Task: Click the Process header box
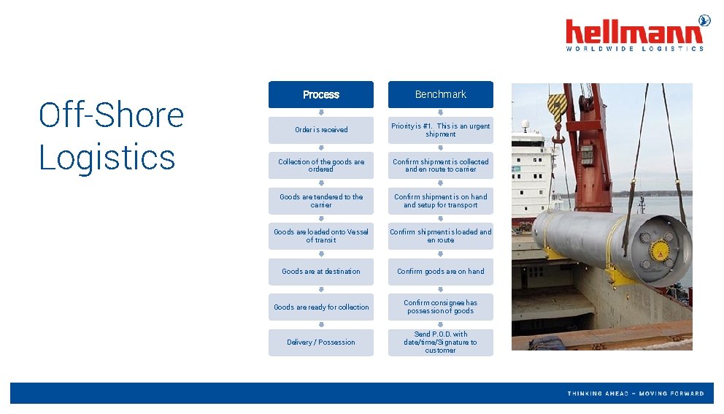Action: pos(320,95)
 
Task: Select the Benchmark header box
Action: pos(440,95)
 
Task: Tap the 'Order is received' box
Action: pos(320,130)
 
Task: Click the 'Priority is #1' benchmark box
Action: pos(440,130)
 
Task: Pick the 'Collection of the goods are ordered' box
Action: pos(320,166)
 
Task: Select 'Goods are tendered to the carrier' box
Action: pos(320,201)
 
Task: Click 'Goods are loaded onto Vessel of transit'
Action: pos(320,236)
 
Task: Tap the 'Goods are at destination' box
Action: pos(320,272)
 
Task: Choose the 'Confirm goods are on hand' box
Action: pos(440,272)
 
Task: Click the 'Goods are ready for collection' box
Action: pos(320,307)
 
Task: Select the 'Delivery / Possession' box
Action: pos(320,342)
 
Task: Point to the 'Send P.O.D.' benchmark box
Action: pos(440,342)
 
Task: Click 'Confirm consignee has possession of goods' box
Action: pos(440,307)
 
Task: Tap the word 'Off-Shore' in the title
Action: pos(111,115)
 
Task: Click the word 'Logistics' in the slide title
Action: pos(107,158)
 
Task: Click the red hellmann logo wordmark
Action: pos(633,32)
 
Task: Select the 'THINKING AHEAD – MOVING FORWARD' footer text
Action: pos(636,394)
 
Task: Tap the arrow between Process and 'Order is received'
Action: pos(320,112)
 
